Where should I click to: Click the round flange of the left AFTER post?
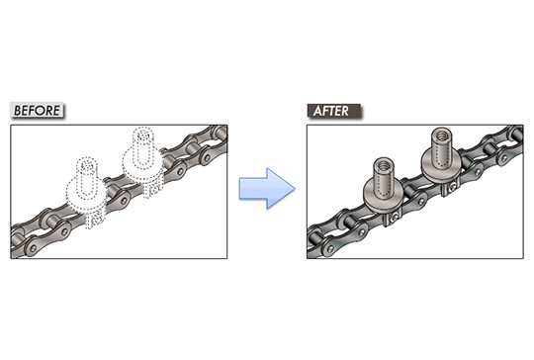pyautogui.click(x=381, y=198)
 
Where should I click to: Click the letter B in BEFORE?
pyautogui.click(x=18, y=111)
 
